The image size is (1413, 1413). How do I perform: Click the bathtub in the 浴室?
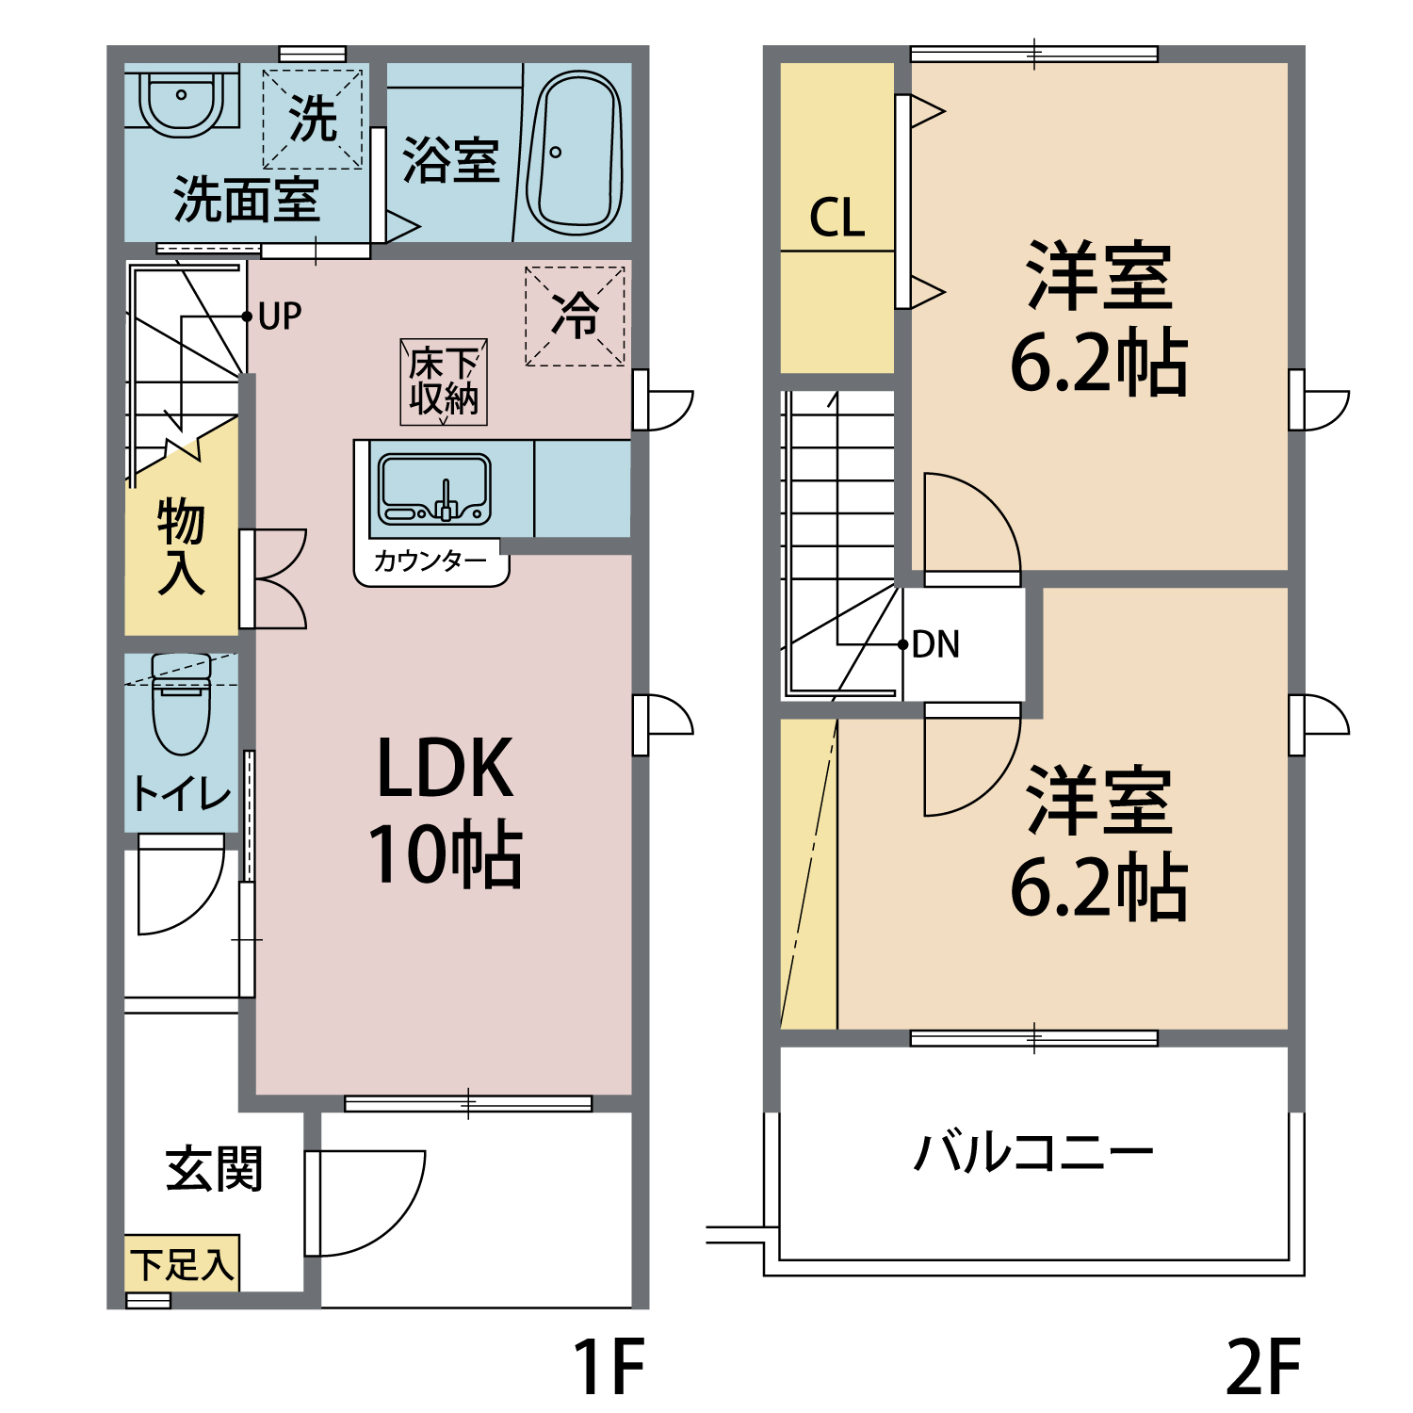point(575,154)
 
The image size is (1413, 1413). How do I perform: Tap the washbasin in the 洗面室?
point(182,100)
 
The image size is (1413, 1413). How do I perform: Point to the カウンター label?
point(430,561)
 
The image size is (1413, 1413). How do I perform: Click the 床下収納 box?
point(444,382)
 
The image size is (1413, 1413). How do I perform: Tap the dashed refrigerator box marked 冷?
point(575,316)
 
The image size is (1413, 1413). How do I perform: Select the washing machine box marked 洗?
point(313,120)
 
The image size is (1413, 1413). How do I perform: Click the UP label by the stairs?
point(280,317)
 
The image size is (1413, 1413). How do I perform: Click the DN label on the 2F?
point(935,645)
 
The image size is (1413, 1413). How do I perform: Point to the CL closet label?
point(836,219)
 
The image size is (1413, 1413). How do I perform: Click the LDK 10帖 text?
point(445,810)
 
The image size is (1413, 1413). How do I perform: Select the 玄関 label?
point(214,1169)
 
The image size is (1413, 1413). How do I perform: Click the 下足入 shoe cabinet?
point(182,1264)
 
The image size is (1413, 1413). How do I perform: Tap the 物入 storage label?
point(181,546)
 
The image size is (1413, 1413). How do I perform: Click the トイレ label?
point(182,794)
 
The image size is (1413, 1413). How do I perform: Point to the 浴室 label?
point(450,160)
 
